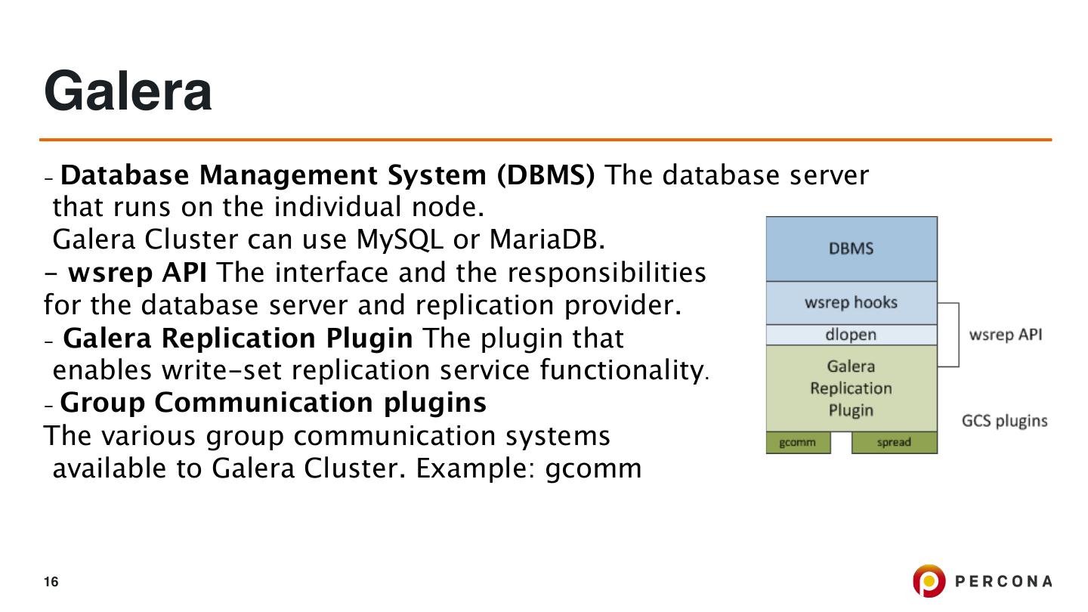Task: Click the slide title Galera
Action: click(x=128, y=91)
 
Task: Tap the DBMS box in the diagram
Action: click(x=851, y=249)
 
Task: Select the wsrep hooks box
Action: click(x=851, y=302)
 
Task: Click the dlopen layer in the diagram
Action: click(x=851, y=335)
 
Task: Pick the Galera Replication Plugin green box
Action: click(x=851, y=388)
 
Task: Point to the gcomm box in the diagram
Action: click(x=797, y=443)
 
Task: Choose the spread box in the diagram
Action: click(x=894, y=443)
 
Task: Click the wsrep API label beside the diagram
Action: click(x=1005, y=335)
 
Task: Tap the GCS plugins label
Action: click(x=1004, y=421)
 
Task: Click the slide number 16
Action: click(x=51, y=582)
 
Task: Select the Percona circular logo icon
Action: click(x=929, y=581)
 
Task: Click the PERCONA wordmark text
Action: click(x=1003, y=581)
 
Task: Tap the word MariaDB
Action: click(x=547, y=240)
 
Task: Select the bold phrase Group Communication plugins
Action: click(x=273, y=403)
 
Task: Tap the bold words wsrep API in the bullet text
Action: click(x=137, y=272)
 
